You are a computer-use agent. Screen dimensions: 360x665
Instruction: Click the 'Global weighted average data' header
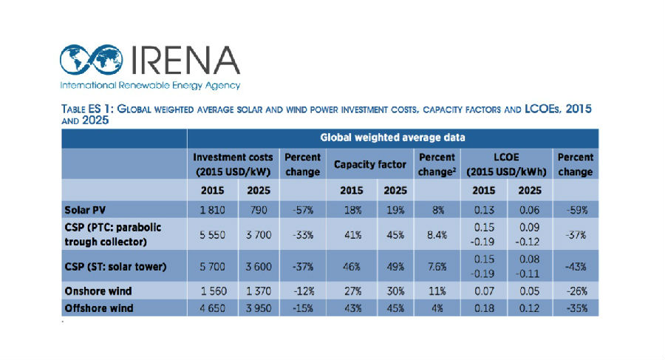(x=392, y=137)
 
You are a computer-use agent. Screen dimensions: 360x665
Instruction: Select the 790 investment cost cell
(x=256, y=209)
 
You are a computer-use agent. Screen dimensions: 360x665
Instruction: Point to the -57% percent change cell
(x=301, y=209)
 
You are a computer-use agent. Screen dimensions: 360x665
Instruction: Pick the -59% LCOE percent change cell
(x=576, y=209)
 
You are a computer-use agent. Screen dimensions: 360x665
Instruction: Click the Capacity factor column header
(x=369, y=164)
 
